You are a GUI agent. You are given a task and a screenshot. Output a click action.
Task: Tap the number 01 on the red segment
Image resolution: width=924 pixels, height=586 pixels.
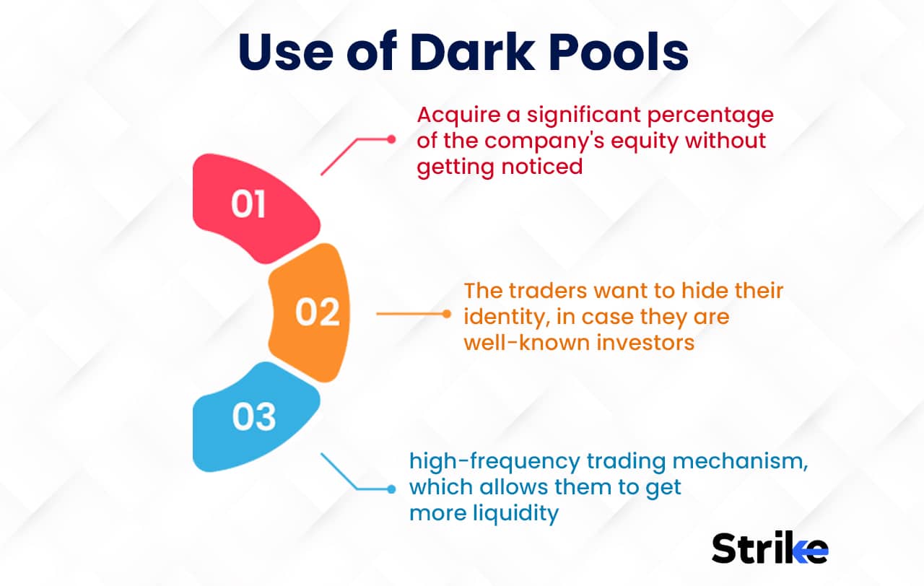pyautogui.click(x=248, y=205)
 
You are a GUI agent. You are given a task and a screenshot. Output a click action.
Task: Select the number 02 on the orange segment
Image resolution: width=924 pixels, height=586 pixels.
pyautogui.click(x=317, y=313)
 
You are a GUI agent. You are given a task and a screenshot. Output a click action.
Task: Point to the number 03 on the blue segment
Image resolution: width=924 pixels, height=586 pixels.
pyautogui.click(x=254, y=418)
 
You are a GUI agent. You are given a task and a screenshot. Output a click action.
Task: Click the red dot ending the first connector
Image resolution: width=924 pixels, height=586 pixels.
pyautogui.click(x=391, y=139)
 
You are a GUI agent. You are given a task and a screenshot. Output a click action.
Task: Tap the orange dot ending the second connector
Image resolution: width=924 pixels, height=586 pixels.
pyautogui.click(x=446, y=314)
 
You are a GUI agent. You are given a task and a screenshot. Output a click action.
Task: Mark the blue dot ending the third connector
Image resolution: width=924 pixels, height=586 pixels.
pyautogui.click(x=391, y=489)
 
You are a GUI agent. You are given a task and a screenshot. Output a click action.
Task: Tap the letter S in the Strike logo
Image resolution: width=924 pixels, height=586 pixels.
pyautogui.click(x=725, y=549)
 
